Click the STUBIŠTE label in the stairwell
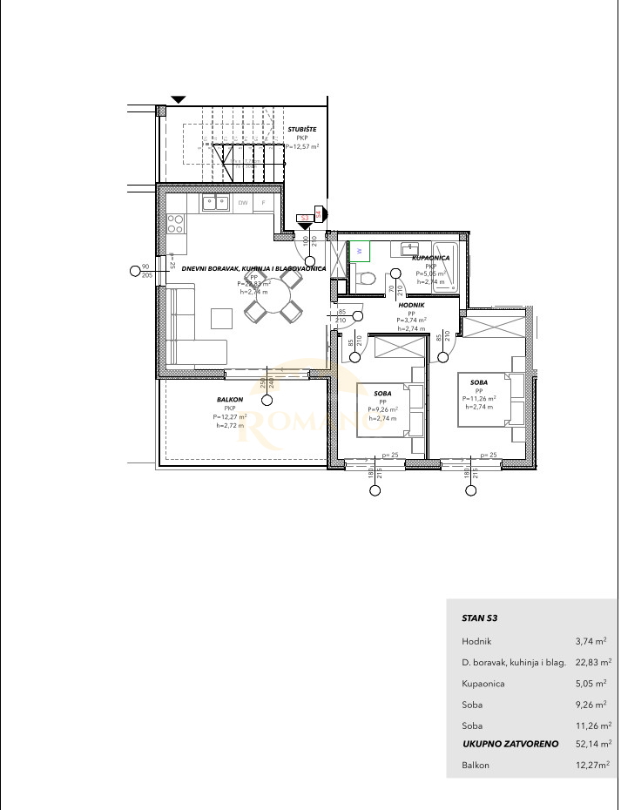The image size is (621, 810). click(x=301, y=129)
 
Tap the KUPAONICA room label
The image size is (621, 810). click(x=430, y=259)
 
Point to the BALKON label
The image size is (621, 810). click(x=230, y=401)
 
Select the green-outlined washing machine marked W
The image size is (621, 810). click(x=359, y=251)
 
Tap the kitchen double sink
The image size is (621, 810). click(x=215, y=204)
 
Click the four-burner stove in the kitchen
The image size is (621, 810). click(x=175, y=225)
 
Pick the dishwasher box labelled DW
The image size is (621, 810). click(x=244, y=204)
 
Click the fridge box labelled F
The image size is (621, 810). click(x=264, y=204)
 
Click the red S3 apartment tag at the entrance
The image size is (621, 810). click(x=305, y=218)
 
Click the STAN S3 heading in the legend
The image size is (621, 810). click(x=480, y=618)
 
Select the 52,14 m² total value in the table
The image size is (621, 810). click(x=593, y=745)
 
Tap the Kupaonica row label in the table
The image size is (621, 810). click(x=483, y=684)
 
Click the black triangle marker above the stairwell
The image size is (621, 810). click(x=179, y=99)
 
